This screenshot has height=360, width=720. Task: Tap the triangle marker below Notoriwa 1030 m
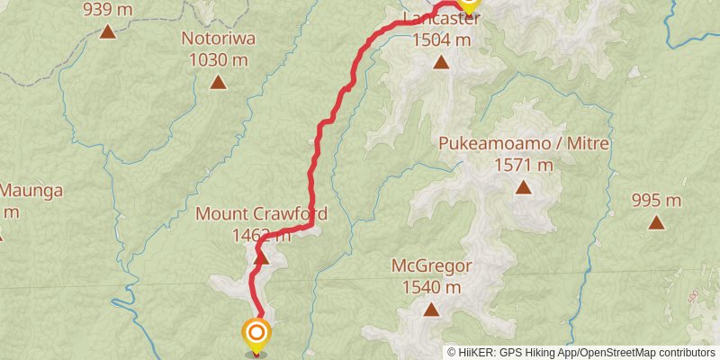click(x=218, y=83)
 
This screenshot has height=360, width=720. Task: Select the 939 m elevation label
click(x=107, y=11)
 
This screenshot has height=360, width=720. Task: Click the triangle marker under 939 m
click(x=107, y=32)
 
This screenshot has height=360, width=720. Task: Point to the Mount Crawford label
click(x=261, y=215)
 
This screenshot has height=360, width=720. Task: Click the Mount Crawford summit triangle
click(x=261, y=258)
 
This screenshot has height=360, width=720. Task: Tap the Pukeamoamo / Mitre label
click(x=523, y=144)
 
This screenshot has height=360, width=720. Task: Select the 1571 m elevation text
click(x=523, y=165)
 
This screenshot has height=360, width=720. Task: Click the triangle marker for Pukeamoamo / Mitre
click(x=523, y=187)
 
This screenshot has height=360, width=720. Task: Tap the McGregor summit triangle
click(x=431, y=310)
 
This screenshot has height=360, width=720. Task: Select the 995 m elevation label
click(x=656, y=200)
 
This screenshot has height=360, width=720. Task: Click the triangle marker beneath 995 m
click(x=656, y=221)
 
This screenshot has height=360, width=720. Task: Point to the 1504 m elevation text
click(x=441, y=40)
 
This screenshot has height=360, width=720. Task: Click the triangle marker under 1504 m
click(x=441, y=62)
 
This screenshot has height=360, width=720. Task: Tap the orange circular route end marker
click(x=256, y=335)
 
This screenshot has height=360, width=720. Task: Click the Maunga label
click(x=31, y=191)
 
